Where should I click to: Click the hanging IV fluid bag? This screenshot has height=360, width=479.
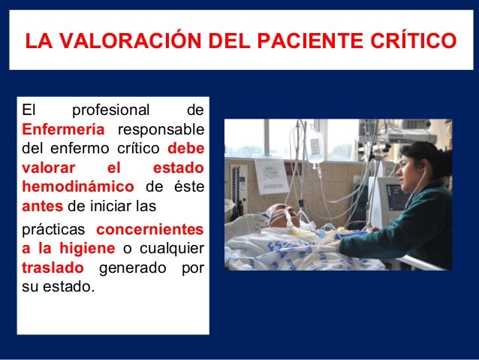point(316,147)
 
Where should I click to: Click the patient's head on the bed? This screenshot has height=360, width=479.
point(282,215)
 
